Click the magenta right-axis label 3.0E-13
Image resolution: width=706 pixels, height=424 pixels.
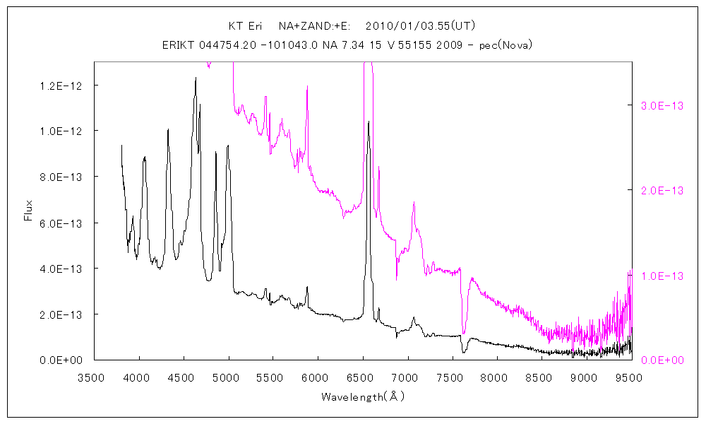662,105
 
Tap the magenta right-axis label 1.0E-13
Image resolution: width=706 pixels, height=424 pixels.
662,276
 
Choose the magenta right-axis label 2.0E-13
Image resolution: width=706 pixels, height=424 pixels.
662,191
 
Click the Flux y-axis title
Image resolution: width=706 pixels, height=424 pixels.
29,210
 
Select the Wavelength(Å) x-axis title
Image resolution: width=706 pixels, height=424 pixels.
363,397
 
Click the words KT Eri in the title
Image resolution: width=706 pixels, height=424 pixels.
245,26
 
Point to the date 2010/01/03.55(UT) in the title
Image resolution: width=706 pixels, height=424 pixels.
421,26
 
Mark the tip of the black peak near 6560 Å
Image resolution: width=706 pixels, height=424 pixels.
369,122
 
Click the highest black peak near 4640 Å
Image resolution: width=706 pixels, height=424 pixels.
196,78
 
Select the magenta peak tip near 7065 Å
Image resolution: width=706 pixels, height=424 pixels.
414,203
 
